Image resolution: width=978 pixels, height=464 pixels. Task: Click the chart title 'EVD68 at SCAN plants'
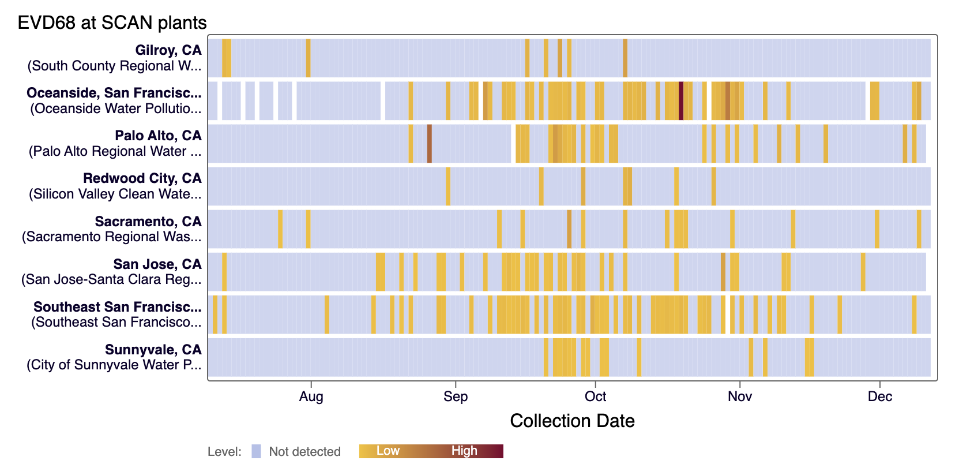[112, 23]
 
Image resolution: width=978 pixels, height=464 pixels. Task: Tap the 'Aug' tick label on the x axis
[311, 396]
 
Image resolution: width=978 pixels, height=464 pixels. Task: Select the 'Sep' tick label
[456, 396]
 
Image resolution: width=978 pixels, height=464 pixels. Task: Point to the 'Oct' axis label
[595, 396]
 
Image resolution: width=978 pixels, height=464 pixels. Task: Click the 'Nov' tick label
[739, 396]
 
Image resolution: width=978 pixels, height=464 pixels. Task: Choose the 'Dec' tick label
[879, 396]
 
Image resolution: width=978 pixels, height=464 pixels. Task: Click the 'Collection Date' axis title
[572, 421]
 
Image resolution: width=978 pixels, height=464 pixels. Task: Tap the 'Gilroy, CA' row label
[168, 50]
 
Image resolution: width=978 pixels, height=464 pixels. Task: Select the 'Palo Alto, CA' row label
[158, 136]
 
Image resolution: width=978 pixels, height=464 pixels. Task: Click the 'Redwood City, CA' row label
[142, 178]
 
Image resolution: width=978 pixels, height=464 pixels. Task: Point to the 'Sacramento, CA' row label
[148, 222]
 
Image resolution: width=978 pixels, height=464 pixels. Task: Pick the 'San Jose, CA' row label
[157, 264]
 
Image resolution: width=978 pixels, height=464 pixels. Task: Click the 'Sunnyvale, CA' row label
[153, 350]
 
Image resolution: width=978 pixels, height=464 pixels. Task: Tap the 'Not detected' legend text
[304, 451]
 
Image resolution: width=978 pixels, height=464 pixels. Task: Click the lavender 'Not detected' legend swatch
[256, 451]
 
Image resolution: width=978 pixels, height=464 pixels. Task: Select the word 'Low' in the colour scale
[388, 451]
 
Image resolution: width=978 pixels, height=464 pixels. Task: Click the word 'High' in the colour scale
[464, 451]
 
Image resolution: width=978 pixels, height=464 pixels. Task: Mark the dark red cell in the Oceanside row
[681, 101]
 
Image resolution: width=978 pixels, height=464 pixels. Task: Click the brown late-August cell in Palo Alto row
[430, 144]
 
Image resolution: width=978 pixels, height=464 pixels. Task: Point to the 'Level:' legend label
[224, 451]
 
